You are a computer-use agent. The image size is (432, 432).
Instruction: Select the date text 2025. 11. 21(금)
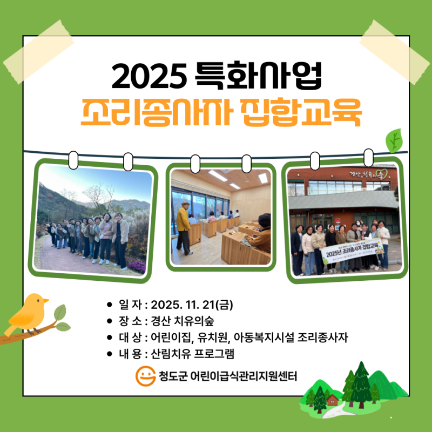pyautogui.click(x=192, y=305)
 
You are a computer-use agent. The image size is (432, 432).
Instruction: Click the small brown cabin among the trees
pyautogui.click(x=333, y=400)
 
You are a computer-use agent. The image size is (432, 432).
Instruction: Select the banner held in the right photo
pyautogui.click(x=352, y=251)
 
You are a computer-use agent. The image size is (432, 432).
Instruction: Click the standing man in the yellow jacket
pyautogui.click(x=184, y=227)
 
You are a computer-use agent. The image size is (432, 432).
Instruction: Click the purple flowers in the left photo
pyautogui.click(x=136, y=265)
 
